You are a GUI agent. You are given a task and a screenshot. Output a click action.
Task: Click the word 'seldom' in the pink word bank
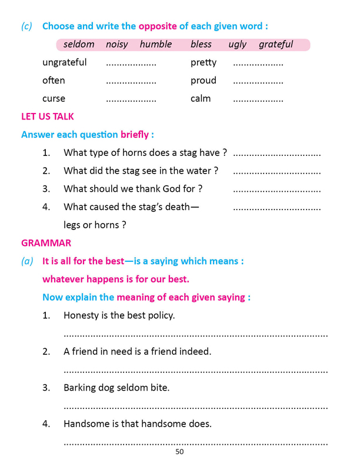coord(79,45)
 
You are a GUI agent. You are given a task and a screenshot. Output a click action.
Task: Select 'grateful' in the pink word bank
coord(276,45)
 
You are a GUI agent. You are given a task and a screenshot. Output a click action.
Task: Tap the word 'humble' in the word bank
coord(156,45)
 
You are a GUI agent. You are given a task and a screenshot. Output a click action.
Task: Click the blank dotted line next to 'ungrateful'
coord(131,64)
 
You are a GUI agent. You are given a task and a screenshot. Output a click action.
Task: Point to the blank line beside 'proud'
coord(258,82)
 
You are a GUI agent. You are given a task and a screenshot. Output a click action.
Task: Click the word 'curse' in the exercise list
coord(54,98)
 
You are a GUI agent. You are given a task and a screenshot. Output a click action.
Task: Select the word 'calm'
coord(201,98)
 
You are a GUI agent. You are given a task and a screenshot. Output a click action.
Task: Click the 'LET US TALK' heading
coord(48,116)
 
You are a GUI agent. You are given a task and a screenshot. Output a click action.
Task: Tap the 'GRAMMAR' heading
coord(46,242)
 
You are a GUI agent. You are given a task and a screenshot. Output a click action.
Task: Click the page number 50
coord(179,452)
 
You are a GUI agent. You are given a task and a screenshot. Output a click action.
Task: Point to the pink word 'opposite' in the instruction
coord(157,26)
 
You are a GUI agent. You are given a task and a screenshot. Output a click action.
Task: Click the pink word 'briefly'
coord(135,135)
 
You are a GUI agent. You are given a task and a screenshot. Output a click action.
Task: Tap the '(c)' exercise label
coord(26,26)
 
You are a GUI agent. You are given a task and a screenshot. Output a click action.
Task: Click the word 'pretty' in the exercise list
coord(204,62)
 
